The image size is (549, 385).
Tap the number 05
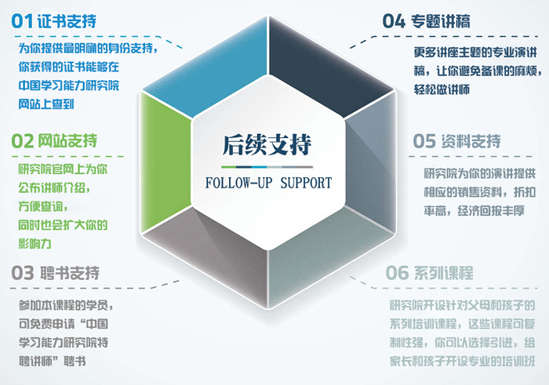coord(424,141)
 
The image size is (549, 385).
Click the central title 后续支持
coord(267,146)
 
